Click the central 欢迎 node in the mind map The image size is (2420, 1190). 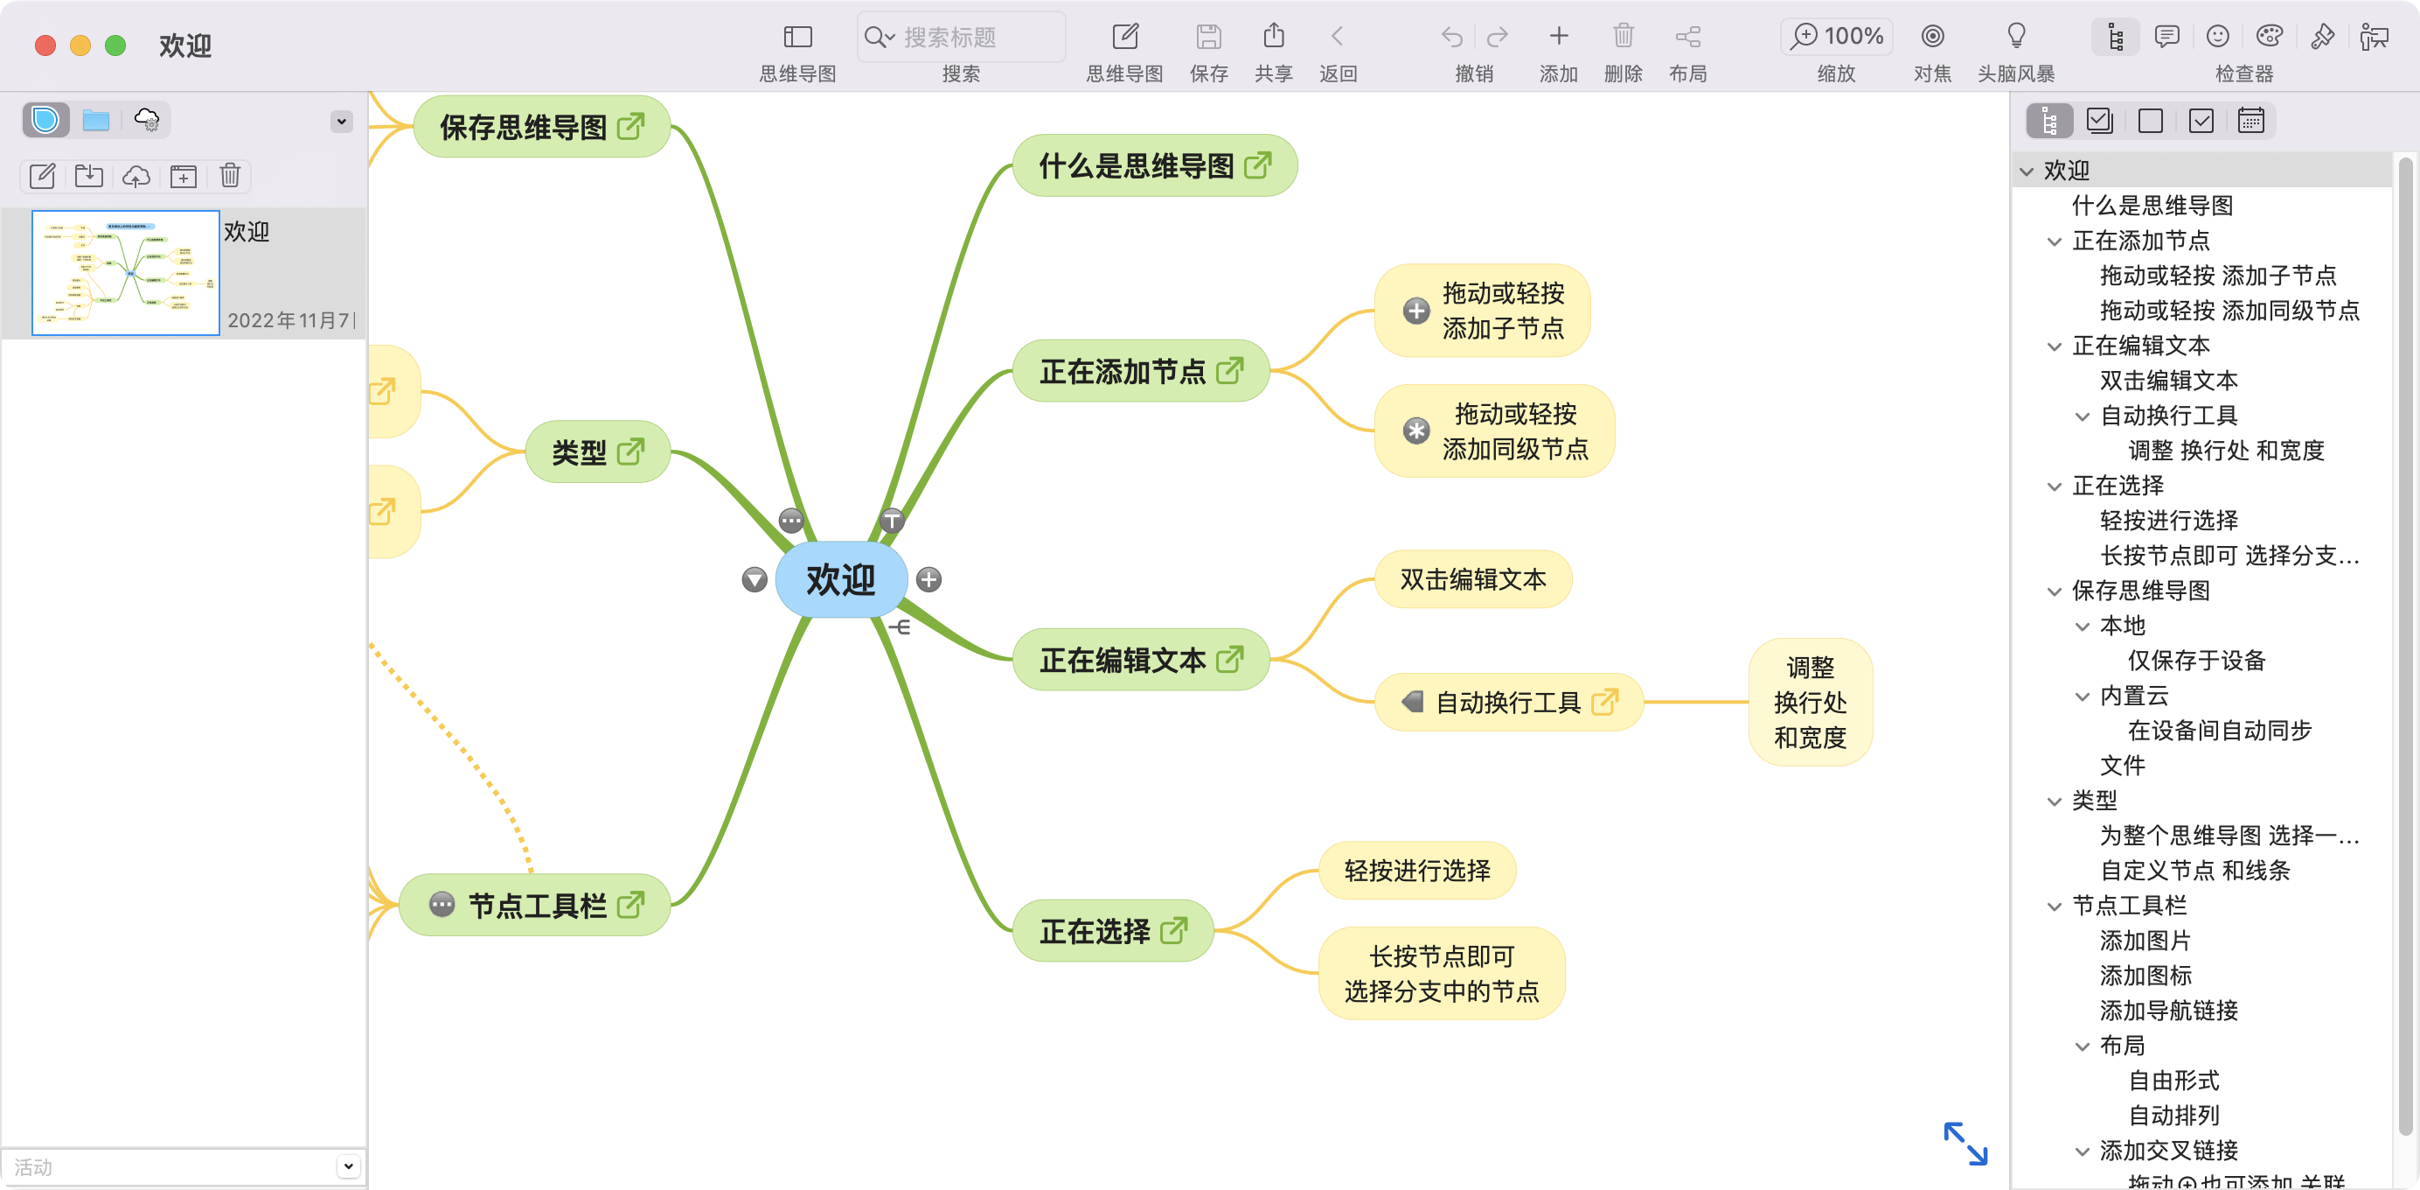[840, 580]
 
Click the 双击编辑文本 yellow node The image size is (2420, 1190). [1472, 580]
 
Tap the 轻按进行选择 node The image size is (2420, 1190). [1416, 871]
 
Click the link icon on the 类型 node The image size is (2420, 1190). [630, 452]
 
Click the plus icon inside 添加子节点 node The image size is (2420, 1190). [1415, 311]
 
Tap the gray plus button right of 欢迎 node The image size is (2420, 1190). [929, 580]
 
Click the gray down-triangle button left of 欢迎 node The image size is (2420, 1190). [755, 580]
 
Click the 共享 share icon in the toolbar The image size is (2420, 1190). [1274, 37]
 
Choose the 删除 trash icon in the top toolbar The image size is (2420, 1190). [1623, 37]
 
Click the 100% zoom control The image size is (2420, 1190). [1837, 37]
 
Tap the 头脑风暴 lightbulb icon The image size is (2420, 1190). [2016, 37]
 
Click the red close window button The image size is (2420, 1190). [45, 45]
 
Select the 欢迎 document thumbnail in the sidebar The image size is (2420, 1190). [126, 273]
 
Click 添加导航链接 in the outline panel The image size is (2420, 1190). [2168, 1011]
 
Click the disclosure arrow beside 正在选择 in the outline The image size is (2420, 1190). [2055, 486]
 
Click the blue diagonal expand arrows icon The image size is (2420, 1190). [1965, 1143]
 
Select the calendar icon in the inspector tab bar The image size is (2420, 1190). [2251, 122]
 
